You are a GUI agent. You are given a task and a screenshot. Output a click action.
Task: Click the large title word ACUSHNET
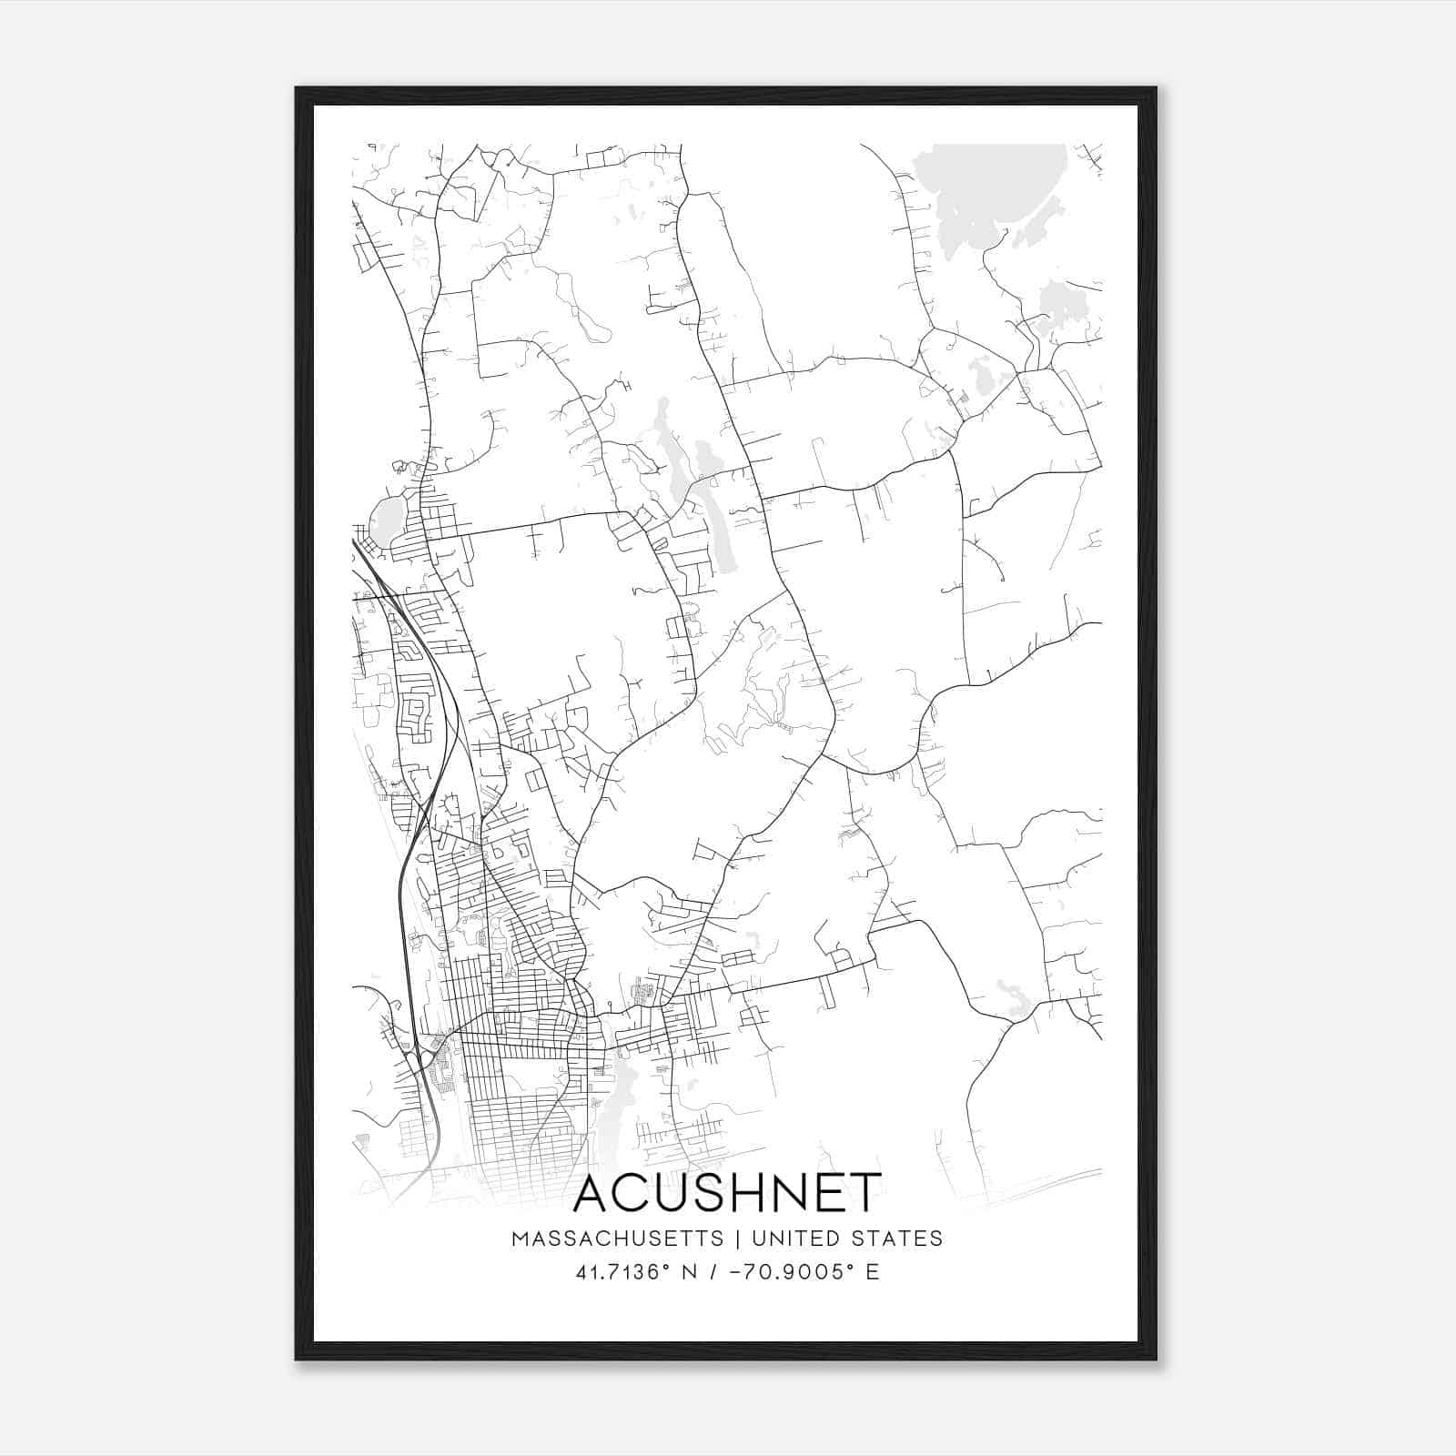(727, 1193)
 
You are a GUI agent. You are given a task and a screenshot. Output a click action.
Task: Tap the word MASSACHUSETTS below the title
(617, 1239)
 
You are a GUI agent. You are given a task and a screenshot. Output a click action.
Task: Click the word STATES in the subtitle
(902, 1239)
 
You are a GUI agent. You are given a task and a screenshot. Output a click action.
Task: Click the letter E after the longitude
(873, 1271)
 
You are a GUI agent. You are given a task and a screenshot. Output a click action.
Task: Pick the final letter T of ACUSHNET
(865, 1193)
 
